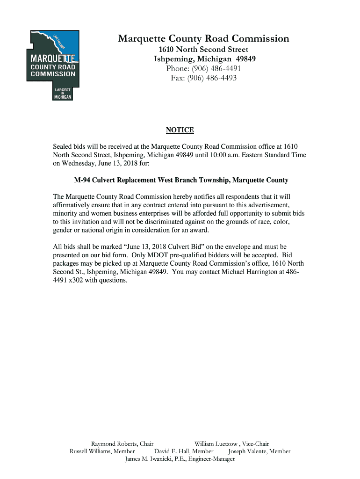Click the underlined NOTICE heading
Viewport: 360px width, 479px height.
tap(180, 130)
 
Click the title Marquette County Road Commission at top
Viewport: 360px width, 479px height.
tap(203, 39)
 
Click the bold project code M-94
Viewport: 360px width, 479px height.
tap(83, 180)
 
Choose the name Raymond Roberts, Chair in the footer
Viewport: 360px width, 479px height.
tap(122, 443)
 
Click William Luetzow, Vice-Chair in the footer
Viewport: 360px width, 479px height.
tap(231, 443)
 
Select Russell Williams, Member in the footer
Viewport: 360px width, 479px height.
tap(102, 451)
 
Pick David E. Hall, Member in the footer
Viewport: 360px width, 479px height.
tap(184, 451)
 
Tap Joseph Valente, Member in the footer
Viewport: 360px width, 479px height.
tap(259, 451)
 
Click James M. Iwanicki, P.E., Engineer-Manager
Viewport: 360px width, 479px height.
tap(180, 459)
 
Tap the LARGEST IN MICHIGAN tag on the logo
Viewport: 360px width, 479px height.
tap(63, 93)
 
